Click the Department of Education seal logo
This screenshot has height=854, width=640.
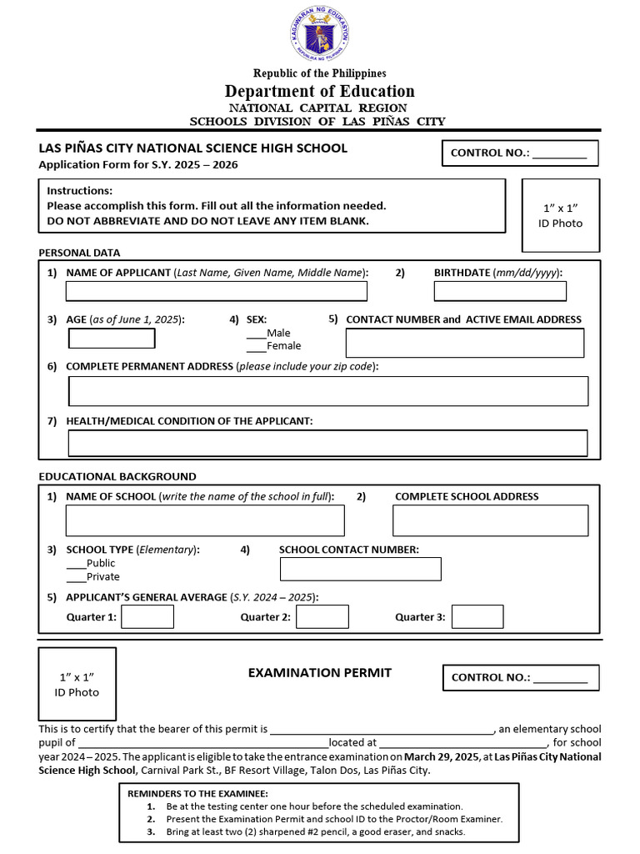[x=320, y=33]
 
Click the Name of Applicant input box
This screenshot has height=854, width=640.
[x=216, y=290]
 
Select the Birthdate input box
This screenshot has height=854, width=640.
[x=500, y=290]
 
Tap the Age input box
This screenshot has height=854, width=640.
[x=111, y=338]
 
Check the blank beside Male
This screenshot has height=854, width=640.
[x=257, y=334]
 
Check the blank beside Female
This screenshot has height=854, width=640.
[x=257, y=346]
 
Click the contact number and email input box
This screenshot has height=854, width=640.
[x=464, y=343]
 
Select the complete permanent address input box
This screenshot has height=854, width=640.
[x=327, y=391]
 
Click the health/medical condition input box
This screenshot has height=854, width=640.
[x=327, y=443]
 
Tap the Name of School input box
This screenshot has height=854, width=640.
[x=205, y=520]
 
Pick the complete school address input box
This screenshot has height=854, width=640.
[x=490, y=520]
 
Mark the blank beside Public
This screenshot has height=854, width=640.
[x=76, y=564]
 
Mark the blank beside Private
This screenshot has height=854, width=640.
[x=76, y=577]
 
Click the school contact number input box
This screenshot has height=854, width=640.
[x=360, y=569]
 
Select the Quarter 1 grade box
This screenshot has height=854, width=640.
[x=147, y=616]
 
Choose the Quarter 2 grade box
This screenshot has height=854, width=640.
[x=322, y=616]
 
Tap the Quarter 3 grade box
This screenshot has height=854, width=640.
[x=477, y=616]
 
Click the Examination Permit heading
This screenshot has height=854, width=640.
[x=319, y=672]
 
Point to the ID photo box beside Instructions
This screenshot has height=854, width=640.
[x=560, y=215]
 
